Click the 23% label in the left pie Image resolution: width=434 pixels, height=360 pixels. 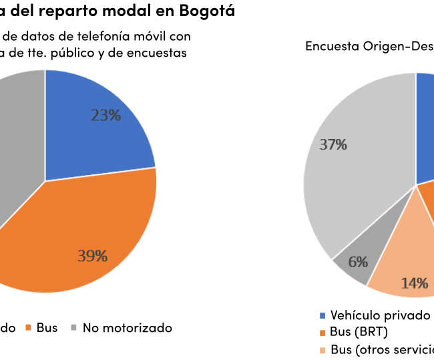pos(105,116)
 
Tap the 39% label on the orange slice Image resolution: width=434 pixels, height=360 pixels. pos(92,256)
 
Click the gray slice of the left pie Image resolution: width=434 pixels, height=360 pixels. pos(17,134)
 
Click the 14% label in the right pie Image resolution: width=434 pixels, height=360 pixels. pos(414,283)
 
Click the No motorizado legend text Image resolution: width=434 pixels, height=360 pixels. pos(127,328)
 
